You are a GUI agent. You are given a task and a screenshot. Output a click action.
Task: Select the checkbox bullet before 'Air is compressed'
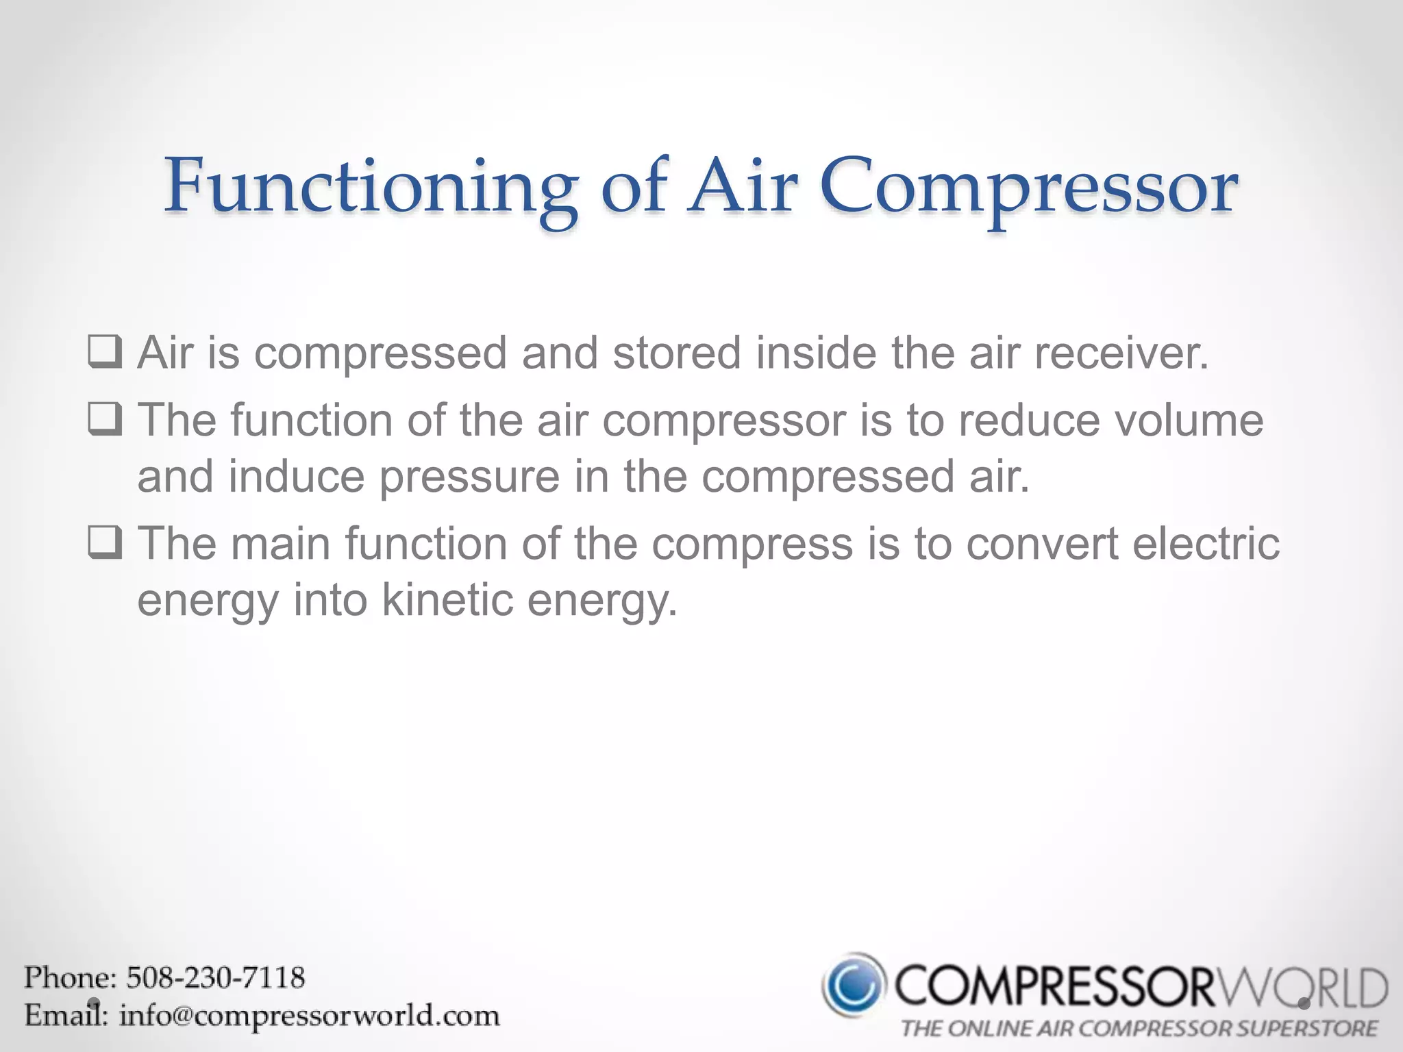(105, 352)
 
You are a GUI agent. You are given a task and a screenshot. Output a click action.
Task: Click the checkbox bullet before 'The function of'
(105, 419)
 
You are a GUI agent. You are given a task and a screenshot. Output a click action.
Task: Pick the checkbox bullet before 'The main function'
(105, 542)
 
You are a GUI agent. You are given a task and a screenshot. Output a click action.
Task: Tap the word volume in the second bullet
(1189, 420)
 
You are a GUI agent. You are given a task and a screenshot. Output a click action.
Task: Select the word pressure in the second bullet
(469, 477)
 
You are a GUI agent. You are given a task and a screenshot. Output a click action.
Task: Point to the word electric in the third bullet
(1206, 544)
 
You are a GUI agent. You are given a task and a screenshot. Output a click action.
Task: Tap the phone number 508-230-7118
(215, 977)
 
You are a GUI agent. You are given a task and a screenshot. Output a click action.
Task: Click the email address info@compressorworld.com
(310, 1015)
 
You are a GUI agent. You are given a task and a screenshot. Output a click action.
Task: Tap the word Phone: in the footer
(71, 977)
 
